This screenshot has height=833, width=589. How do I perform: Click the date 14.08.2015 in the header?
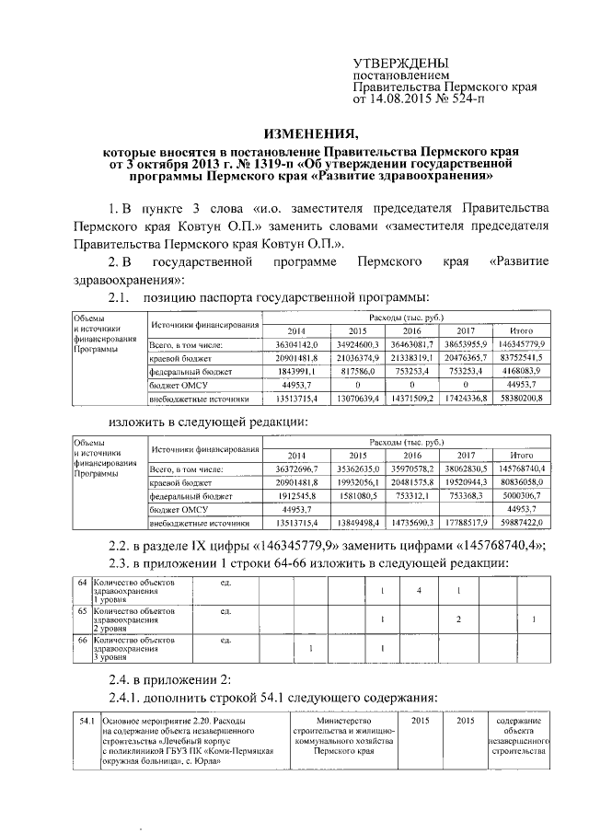405,96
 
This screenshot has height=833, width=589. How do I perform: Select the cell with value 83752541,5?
521,357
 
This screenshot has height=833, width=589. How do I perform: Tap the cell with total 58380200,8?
521,399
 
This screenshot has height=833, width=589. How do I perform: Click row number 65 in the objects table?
82,610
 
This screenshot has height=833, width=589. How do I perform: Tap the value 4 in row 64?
419,590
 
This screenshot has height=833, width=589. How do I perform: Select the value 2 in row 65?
457,620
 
